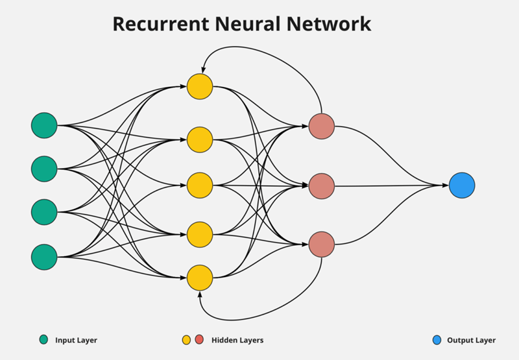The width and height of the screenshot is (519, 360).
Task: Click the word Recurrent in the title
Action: tap(161, 24)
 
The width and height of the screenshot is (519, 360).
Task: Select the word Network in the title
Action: tap(329, 24)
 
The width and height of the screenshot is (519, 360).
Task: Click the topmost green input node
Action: tap(44, 125)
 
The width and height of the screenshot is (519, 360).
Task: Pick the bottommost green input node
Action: tap(44, 257)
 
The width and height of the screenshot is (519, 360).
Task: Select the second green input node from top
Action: tap(44, 169)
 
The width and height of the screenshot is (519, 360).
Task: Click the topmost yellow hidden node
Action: tap(200, 86)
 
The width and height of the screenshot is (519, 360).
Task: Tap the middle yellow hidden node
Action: tap(200, 186)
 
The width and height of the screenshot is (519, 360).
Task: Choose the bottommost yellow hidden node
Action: tap(200, 278)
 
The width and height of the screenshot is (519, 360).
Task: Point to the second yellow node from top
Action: tap(200, 139)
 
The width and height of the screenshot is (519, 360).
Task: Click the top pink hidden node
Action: tap(322, 126)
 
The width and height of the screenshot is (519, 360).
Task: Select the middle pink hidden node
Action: tap(322, 186)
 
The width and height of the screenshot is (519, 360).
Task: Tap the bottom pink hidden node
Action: tap(322, 245)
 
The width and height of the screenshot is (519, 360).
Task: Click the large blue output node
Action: tap(462, 186)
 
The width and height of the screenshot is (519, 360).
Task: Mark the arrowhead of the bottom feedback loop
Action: tap(200, 294)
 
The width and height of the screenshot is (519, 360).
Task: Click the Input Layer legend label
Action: tap(76, 340)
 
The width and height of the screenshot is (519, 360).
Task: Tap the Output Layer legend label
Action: tap(472, 340)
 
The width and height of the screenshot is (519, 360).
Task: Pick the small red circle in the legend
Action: tap(199, 339)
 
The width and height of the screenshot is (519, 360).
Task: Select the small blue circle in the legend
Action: tap(437, 340)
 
